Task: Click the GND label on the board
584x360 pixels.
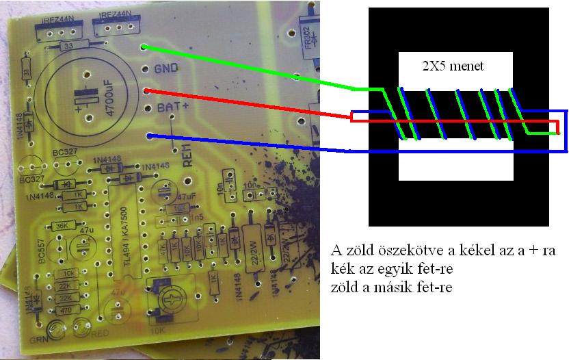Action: pyautogui.click(x=166, y=68)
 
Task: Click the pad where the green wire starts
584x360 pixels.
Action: pyautogui.click(x=144, y=47)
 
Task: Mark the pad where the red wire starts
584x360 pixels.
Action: pyautogui.click(x=146, y=90)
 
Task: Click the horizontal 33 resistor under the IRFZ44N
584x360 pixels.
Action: pyautogui.click(x=68, y=46)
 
